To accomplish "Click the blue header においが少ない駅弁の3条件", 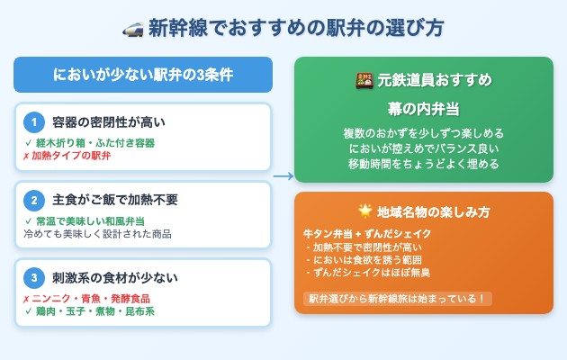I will tap(142, 75).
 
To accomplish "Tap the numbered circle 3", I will tap(33, 278).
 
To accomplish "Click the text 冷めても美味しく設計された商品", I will tap(97, 234).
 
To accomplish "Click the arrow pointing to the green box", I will tap(283, 176).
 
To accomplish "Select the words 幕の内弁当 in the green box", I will tap(424, 109).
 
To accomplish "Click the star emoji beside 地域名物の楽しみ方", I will tap(364, 211).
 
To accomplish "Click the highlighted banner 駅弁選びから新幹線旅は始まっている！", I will tap(397, 298).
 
